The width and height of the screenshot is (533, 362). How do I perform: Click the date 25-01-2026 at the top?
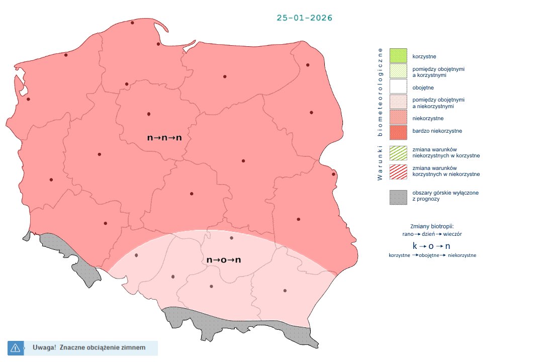pyautogui.click(x=304, y=18)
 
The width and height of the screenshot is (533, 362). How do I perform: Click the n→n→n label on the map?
pyautogui.click(x=164, y=137)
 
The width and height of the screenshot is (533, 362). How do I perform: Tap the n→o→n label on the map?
pyautogui.click(x=224, y=260)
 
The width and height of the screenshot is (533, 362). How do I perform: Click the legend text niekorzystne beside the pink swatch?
pyautogui.click(x=427, y=119)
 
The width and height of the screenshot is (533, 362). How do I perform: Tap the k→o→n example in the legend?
pyautogui.click(x=431, y=246)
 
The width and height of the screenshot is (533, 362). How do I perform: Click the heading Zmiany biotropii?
pyautogui.click(x=431, y=226)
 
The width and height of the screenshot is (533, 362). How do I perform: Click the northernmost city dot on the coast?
pyautogui.click(x=133, y=23)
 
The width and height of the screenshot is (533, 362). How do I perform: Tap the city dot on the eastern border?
pyautogui.click(x=333, y=174)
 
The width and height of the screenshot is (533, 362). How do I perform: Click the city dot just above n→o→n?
pyautogui.click(x=231, y=238)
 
